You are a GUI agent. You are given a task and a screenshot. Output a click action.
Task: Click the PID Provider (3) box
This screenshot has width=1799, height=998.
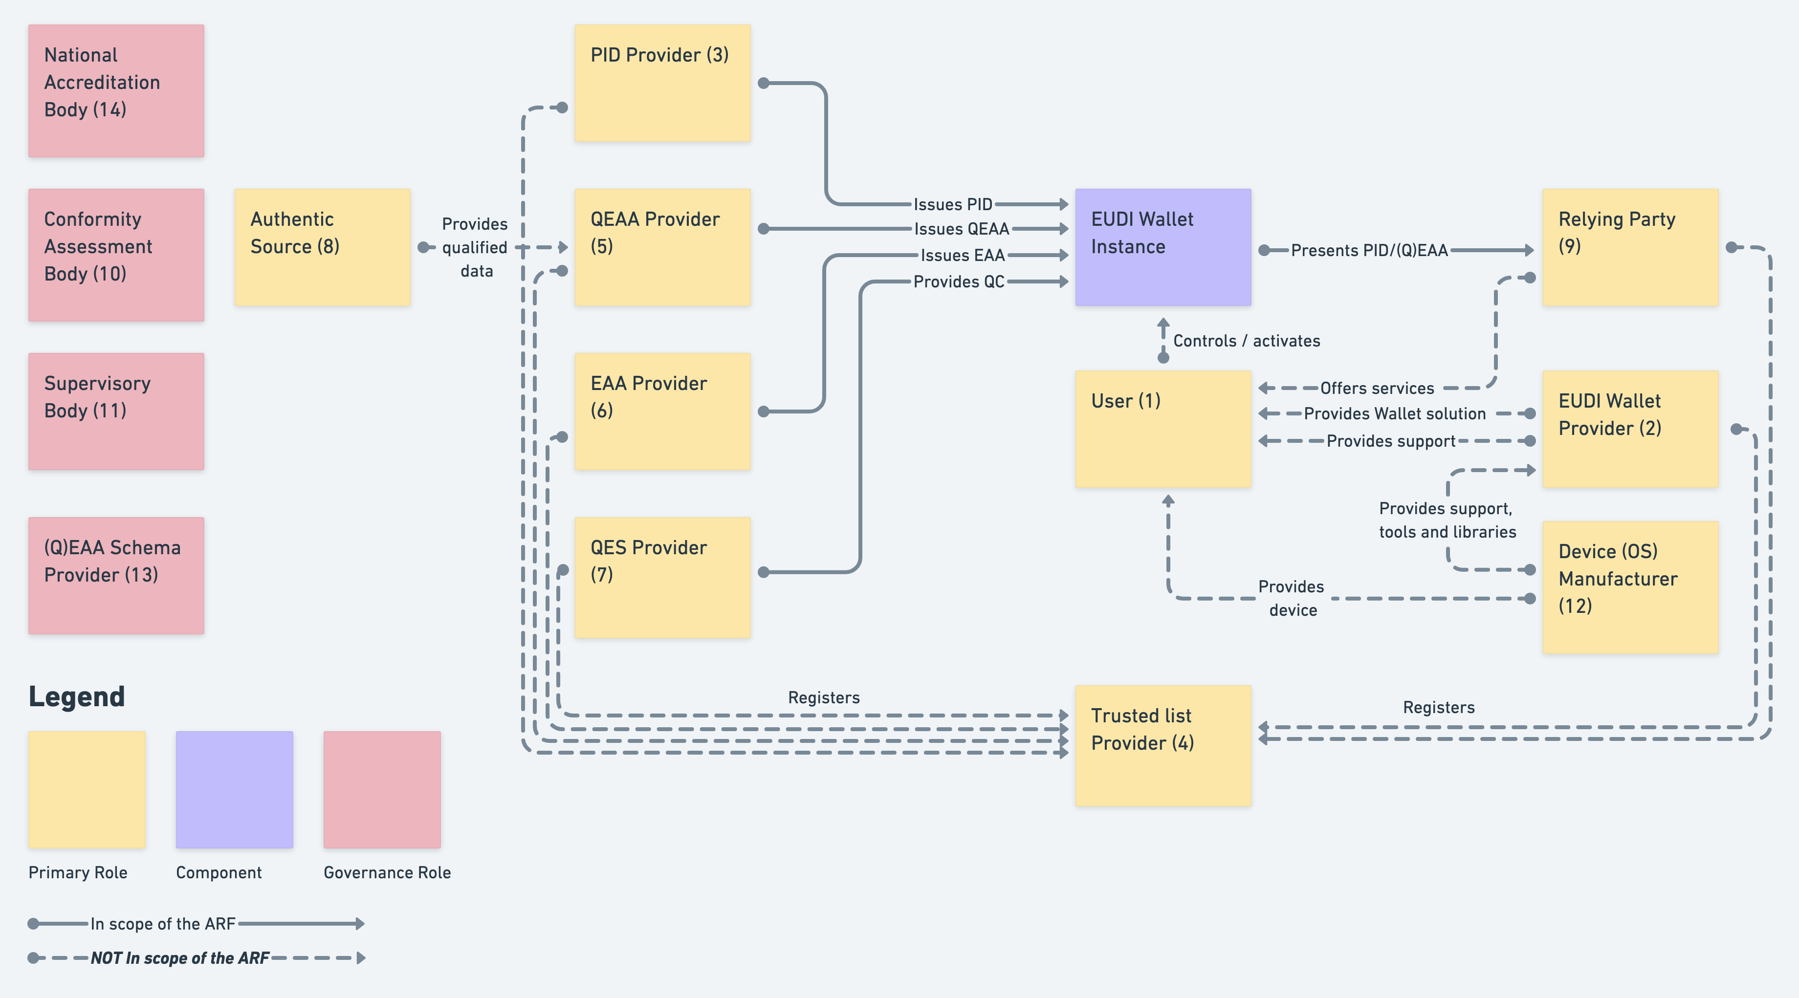(x=662, y=83)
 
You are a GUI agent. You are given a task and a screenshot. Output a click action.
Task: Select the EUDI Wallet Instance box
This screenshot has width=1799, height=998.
(x=1163, y=246)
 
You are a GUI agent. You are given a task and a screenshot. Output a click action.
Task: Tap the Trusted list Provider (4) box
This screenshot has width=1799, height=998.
(x=1163, y=745)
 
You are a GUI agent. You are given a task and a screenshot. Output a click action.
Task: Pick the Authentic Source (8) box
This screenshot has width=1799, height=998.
(x=322, y=246)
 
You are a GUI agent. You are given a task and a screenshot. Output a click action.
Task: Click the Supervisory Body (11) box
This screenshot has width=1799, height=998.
(x=116, y=411)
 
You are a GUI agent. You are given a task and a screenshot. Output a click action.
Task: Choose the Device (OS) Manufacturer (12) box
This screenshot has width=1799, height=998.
(x=1630, y=586)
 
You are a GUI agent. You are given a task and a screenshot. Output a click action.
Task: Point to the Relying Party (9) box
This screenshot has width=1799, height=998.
(x=1630, y=246)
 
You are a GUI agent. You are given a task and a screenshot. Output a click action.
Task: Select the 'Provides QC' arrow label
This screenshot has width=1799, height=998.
(x=958, y=282)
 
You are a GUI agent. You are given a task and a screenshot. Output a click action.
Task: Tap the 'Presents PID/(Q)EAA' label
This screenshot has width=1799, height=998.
(x=1369, y=250)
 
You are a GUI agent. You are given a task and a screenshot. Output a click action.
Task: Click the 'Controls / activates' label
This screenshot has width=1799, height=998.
(x=1246, y=341)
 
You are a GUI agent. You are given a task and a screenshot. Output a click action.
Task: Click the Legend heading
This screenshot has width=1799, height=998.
(x=77, y=696)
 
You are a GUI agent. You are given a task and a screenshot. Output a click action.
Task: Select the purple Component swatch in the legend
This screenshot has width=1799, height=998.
(x=234, y=789)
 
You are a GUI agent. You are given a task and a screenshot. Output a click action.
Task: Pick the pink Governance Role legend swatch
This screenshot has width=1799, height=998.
(x=382, y=789)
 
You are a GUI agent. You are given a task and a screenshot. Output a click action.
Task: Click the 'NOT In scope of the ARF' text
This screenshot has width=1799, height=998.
(x=179, y=957)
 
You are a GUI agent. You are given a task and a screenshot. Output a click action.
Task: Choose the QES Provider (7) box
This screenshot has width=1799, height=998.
(x=662, y=577)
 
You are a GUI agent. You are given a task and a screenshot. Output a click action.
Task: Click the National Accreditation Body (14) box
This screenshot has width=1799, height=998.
(x=116, y=91)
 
